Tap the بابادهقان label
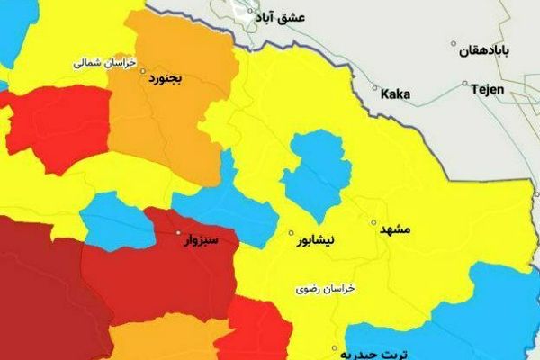489,53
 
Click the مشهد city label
394,230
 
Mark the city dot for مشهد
373,221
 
